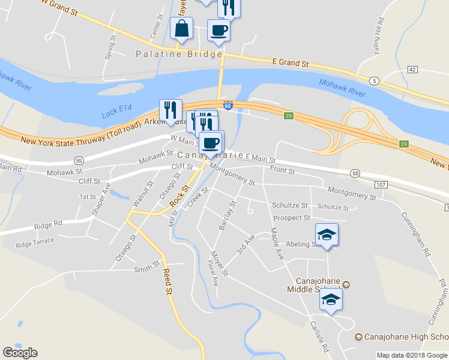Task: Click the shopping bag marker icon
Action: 181,28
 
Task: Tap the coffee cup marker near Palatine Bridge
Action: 218,30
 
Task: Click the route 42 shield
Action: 412,70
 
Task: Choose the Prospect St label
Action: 291,218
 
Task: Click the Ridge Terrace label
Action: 35,244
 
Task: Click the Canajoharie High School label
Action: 406,337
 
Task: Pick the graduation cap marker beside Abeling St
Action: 327,235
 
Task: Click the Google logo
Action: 20,353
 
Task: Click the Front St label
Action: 282,170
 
